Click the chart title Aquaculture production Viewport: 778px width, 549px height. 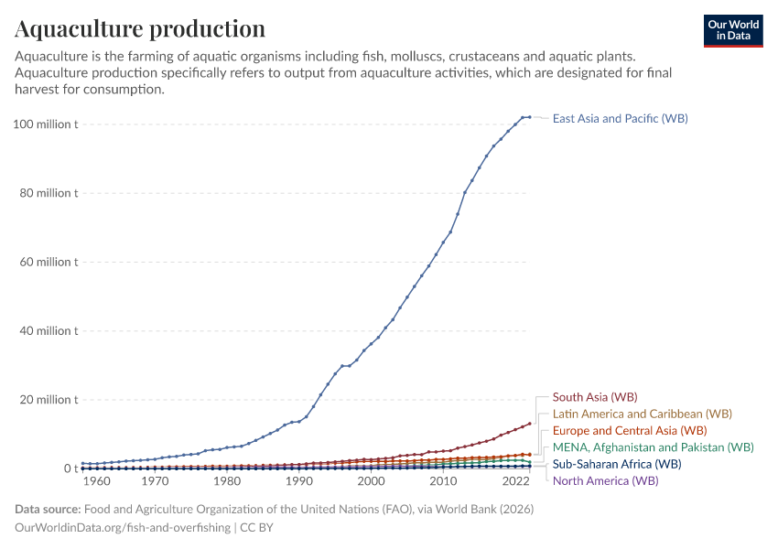[140, 29]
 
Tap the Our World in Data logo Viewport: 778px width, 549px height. [733, 30]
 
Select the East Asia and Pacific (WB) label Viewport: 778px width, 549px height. [620, 119]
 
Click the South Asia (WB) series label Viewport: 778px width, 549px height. [595, 397]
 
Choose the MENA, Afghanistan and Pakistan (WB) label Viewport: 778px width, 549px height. [654, 447]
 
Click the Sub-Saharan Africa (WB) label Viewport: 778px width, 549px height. [617, 464]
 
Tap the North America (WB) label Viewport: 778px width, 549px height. [605, 480]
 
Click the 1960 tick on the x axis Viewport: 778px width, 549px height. [97, 481]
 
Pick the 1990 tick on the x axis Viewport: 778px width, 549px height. [298, 481]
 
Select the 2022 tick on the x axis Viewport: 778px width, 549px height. [515, 481]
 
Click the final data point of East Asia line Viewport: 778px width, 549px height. [529, 117]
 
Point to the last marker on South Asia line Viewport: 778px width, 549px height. [529, 424]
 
